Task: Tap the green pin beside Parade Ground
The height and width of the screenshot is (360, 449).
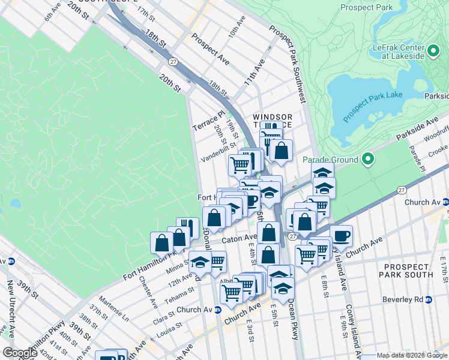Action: point(368,160)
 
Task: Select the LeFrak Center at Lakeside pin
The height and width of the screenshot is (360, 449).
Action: point(433,51)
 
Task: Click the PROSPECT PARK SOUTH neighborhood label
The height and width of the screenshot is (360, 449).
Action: point(408,270)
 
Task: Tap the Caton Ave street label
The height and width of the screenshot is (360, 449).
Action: point(239,239)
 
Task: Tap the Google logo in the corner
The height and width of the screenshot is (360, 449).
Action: point(20,352)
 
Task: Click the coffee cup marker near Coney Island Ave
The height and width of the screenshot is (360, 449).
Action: point(341,236)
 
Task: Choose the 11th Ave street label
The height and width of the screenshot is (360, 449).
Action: point(254,71)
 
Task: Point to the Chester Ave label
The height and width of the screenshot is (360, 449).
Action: point(147,292)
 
